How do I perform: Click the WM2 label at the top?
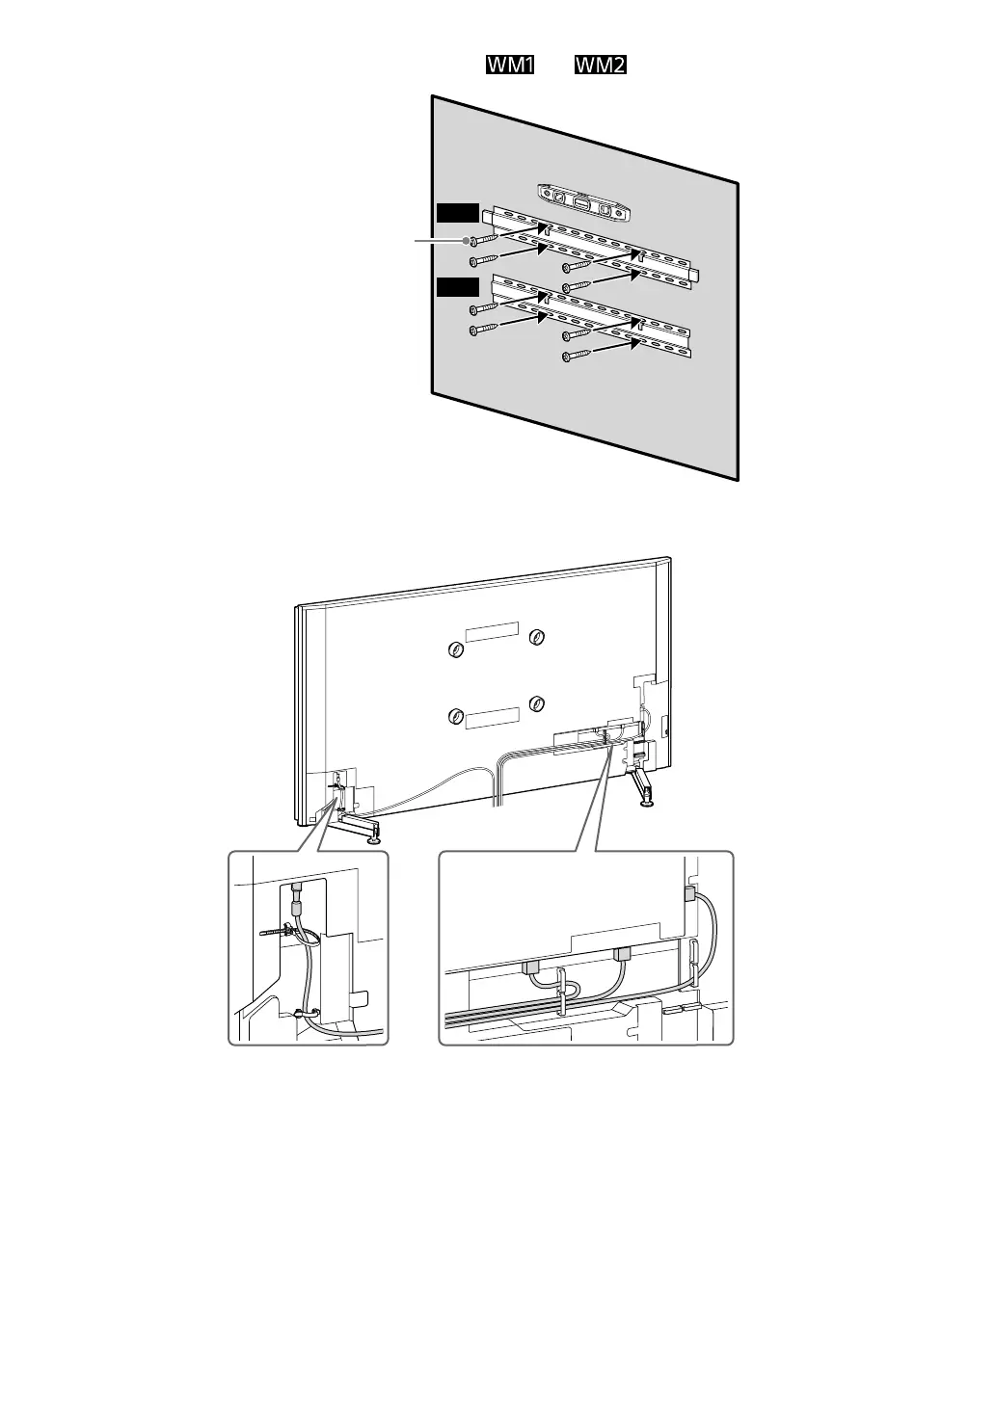click(x=602, y=66)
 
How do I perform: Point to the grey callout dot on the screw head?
click(x=466, y=240)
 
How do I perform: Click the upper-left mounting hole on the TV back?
click(x=456, y=651)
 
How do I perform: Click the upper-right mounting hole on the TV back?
click(x=537, y=637)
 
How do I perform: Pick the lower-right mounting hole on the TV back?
click(x=537, y=702)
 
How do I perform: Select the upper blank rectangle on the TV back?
click(x=492, y=631)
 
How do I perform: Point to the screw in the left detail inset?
click(x=278, y=933)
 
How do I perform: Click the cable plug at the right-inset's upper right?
click(x=688, y=894)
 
